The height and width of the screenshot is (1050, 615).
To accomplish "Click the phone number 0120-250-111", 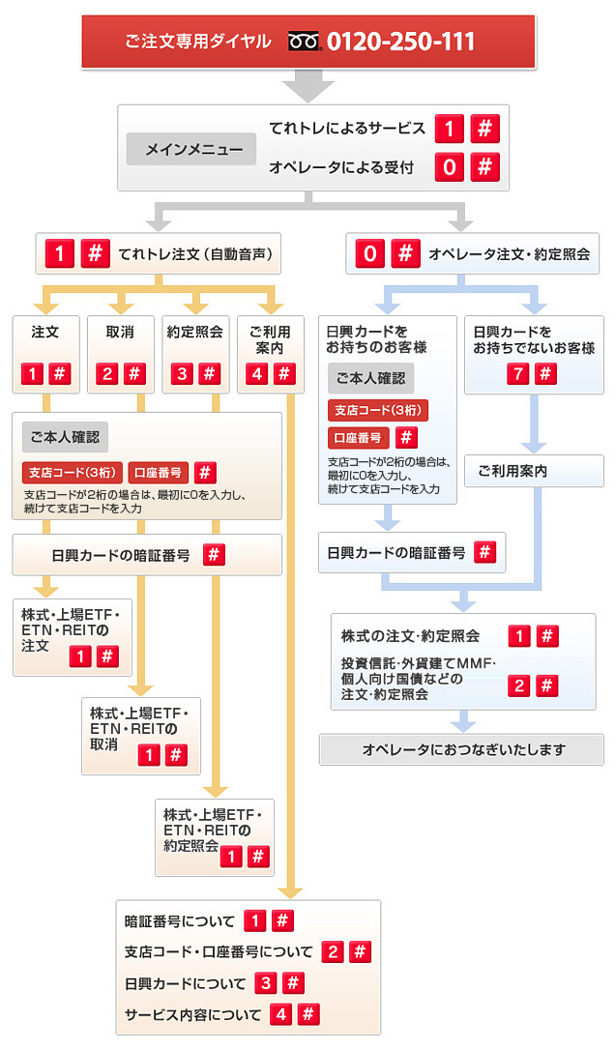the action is (400, 42).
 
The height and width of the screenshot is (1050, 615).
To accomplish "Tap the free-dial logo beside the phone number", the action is (306, 42).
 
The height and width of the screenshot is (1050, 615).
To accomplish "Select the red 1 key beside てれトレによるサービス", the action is (449, 128).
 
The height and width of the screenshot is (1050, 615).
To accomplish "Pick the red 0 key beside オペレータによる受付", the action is (449, 166).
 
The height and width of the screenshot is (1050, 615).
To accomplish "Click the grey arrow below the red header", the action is (308, 86).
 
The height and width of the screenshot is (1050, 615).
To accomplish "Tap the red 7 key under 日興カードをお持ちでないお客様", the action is (518, 373).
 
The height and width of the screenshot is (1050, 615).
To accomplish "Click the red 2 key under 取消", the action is (107, 373).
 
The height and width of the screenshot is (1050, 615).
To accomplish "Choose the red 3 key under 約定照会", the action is (182, 373).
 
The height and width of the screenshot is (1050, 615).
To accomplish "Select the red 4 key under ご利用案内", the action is (257, 373).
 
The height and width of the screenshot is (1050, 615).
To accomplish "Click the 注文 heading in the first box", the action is (44, 333).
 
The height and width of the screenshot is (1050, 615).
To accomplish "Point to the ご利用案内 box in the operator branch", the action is (534, 471).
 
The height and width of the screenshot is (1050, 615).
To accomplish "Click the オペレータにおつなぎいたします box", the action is (461, 750).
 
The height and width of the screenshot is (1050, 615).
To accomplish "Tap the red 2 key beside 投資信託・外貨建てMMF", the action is (518, 685).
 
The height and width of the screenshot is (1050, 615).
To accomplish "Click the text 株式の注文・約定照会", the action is (410, 636).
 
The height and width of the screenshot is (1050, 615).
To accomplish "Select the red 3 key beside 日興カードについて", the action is (266, 983).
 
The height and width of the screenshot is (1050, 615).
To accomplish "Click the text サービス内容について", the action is (193, 1014).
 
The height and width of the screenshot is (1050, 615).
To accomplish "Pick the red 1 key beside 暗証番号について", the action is (254, 920).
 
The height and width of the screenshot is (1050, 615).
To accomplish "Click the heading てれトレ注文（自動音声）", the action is (195, 254).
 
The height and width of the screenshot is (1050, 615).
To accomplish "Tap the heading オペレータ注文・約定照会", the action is (510, 254).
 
